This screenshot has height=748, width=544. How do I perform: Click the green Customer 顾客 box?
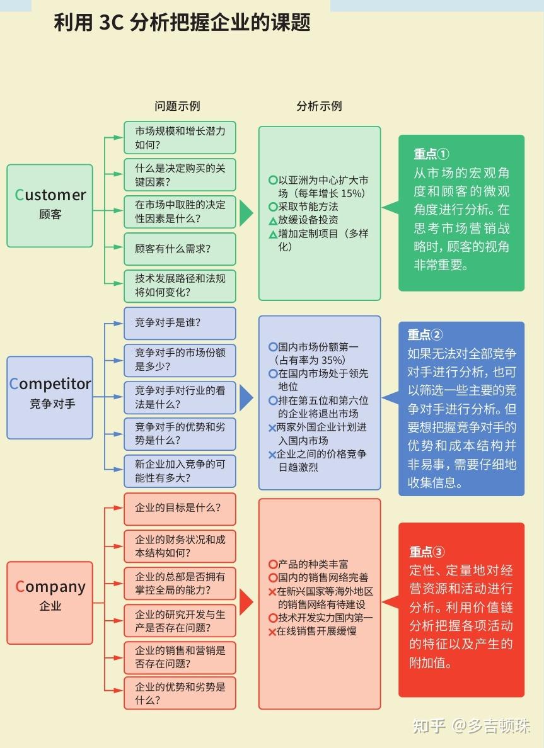coord(50,205)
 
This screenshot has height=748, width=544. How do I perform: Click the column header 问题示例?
coord(177,106)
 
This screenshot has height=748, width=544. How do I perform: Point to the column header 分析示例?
coord(319,106)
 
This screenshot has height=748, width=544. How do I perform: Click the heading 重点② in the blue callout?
coord(425,335)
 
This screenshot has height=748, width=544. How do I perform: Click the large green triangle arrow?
coord(246,213)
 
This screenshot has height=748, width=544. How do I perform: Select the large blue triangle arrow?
coord(246,398)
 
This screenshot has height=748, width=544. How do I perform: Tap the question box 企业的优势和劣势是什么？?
coord(180,693)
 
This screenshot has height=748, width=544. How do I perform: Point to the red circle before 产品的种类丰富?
coord(273,565)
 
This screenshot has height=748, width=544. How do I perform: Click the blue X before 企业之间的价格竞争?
coord(272,455)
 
